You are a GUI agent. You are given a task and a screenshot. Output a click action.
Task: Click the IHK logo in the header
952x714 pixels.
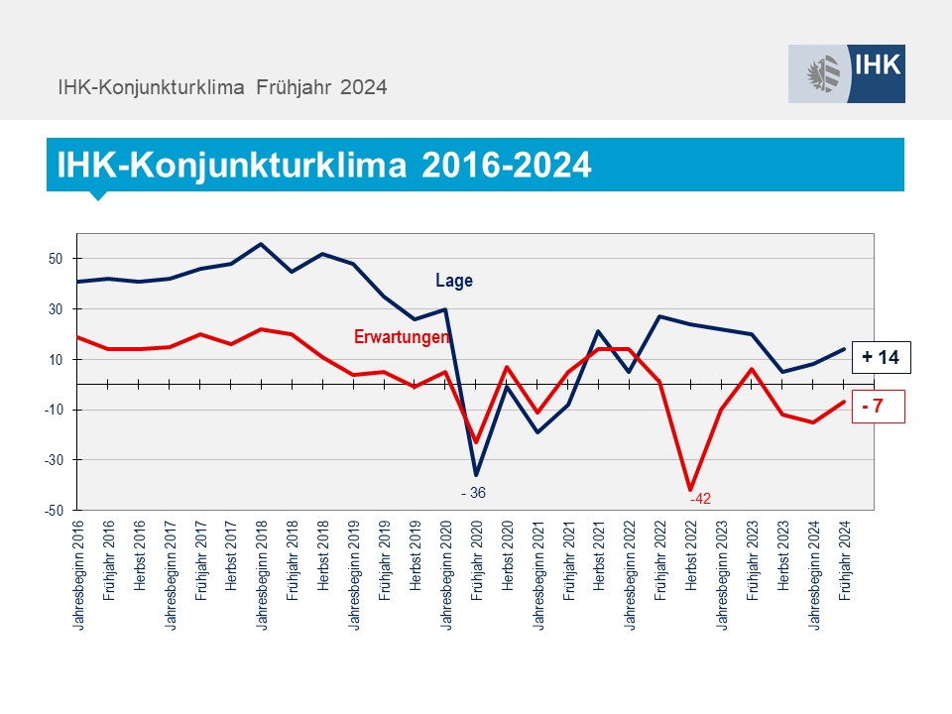tap(846, 73)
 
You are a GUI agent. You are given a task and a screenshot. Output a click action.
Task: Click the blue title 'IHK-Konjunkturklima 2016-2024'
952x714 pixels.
tap(324, 165)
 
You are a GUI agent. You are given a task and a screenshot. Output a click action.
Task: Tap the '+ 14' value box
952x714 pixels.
tap(880, 358)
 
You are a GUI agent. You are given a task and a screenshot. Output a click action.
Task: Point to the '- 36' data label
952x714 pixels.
tap(473, 493)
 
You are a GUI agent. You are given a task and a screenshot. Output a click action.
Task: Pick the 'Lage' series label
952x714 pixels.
tap(454, 281)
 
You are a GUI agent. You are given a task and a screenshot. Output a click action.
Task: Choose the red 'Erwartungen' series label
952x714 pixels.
tap(402, 337)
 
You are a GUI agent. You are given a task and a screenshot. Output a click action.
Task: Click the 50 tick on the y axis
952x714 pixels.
tap(56, 259)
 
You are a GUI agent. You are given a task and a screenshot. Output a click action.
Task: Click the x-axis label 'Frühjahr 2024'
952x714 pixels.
tap(846, 562)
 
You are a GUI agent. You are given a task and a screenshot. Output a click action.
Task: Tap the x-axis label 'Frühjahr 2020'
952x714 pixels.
tap(477, 562)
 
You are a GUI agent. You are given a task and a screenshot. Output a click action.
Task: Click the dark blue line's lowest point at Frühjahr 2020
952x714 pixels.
tap(476, 475)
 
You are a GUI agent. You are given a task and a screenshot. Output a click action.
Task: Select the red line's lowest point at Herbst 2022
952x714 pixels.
tap(690, 490)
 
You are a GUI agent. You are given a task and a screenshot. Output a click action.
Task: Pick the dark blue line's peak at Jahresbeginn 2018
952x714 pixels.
tap(261, 244)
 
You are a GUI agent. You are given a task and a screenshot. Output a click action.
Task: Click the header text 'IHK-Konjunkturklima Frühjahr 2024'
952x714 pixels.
tap(222, 87)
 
